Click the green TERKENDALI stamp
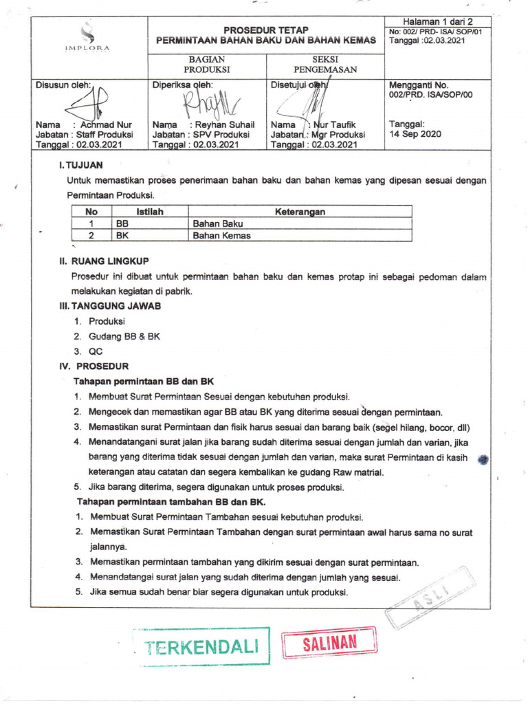click(x=201, y=646)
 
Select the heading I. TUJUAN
click(x=81, y=166)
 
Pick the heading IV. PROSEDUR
click(x=94, y=366)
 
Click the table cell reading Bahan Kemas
click(x=221, y=235)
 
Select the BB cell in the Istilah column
click(x=123, y=223)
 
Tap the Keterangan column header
click(x=300, y=212)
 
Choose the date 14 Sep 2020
click(x=415, y=135)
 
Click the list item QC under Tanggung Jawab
click(x=95, y=351)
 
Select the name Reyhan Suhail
click(x=225, y=125)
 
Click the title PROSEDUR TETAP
click(x=266, y=30)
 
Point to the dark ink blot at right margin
click(x=483, y=461)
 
